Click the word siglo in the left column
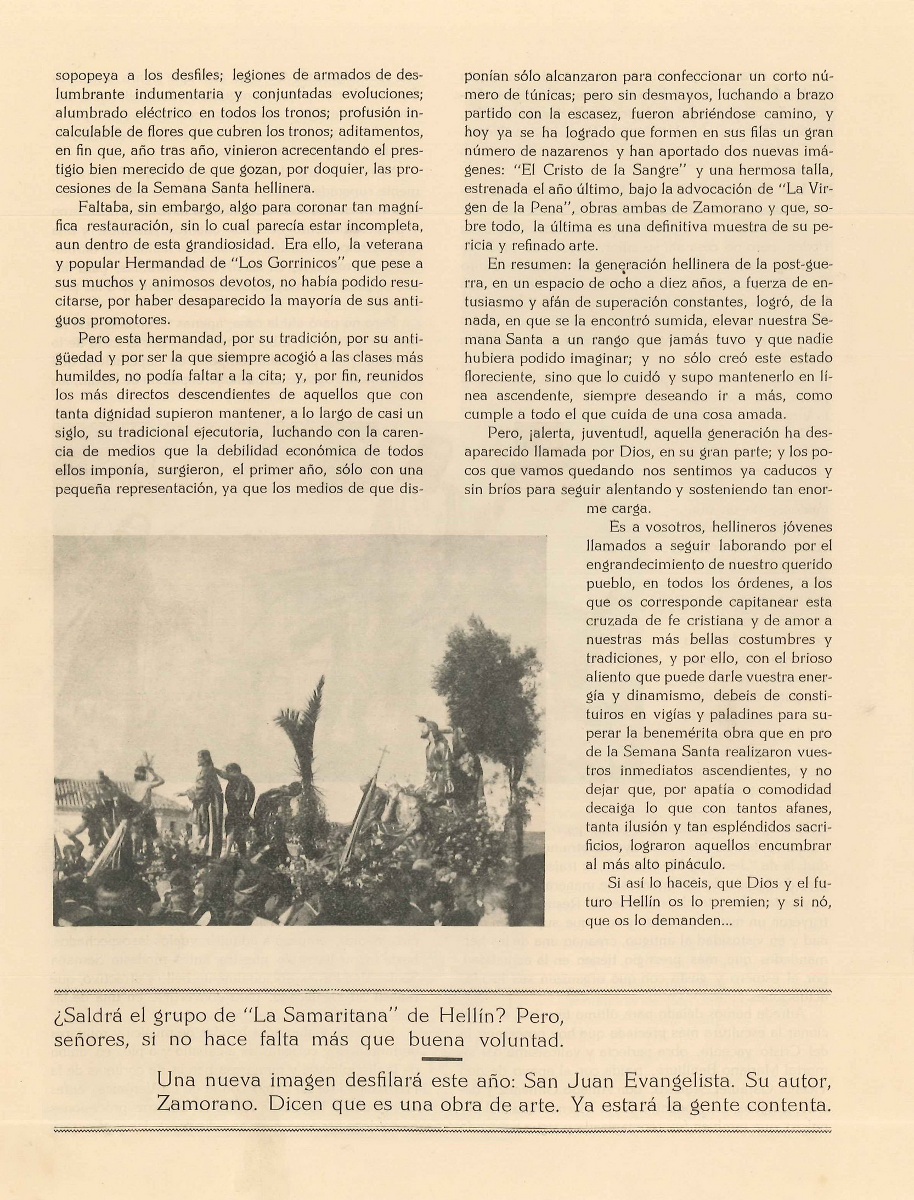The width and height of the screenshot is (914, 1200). tap(72, 432)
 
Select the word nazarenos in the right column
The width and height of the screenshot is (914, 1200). tap(576, 151)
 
